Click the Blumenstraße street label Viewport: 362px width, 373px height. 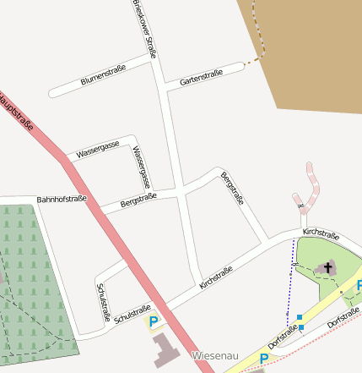pyautogui.click(x=103, y=75)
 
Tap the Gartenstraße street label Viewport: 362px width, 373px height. pyautogui.click(x=201, y=78)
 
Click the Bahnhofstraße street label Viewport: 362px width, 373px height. pyautogui.click(x=62, y=200)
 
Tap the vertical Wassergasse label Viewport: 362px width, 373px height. pyautogui.click(x=141, y=167)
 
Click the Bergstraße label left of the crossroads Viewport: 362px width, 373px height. pyautogui.click(x=138, y=200)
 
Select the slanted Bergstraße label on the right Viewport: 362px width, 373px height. pyautogui.click(x=232, y=189)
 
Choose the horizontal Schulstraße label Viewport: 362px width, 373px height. pyautogui.click(x=132, y=313)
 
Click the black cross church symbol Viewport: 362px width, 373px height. pyautogui.click(x=327, y=267)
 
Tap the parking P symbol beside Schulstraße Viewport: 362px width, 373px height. pyautogui.click(x=154, y=321)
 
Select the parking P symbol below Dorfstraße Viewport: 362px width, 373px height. pyautogui.click(x=263, y=359)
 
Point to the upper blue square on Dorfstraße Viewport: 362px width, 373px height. pyautogui.click(x=300, y=317)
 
